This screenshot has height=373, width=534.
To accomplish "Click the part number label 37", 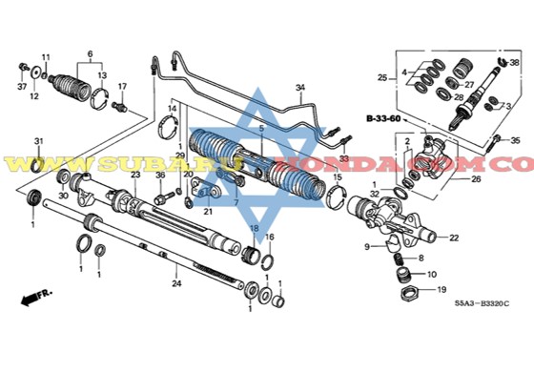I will click(22, 85).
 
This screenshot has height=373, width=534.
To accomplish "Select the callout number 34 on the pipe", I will click(299, 88).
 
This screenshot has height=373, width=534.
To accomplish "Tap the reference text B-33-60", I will click(382, 119).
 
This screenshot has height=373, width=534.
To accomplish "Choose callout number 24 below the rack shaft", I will click(175, 282).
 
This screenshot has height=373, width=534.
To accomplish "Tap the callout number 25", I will click(381, 77).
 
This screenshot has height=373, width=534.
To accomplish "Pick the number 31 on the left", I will click(39, 141).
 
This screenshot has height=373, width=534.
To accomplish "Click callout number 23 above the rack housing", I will click(135, 175).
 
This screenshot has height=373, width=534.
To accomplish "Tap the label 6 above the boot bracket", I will click(90, 53).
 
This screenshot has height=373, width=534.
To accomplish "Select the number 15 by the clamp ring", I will click(337, 177).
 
